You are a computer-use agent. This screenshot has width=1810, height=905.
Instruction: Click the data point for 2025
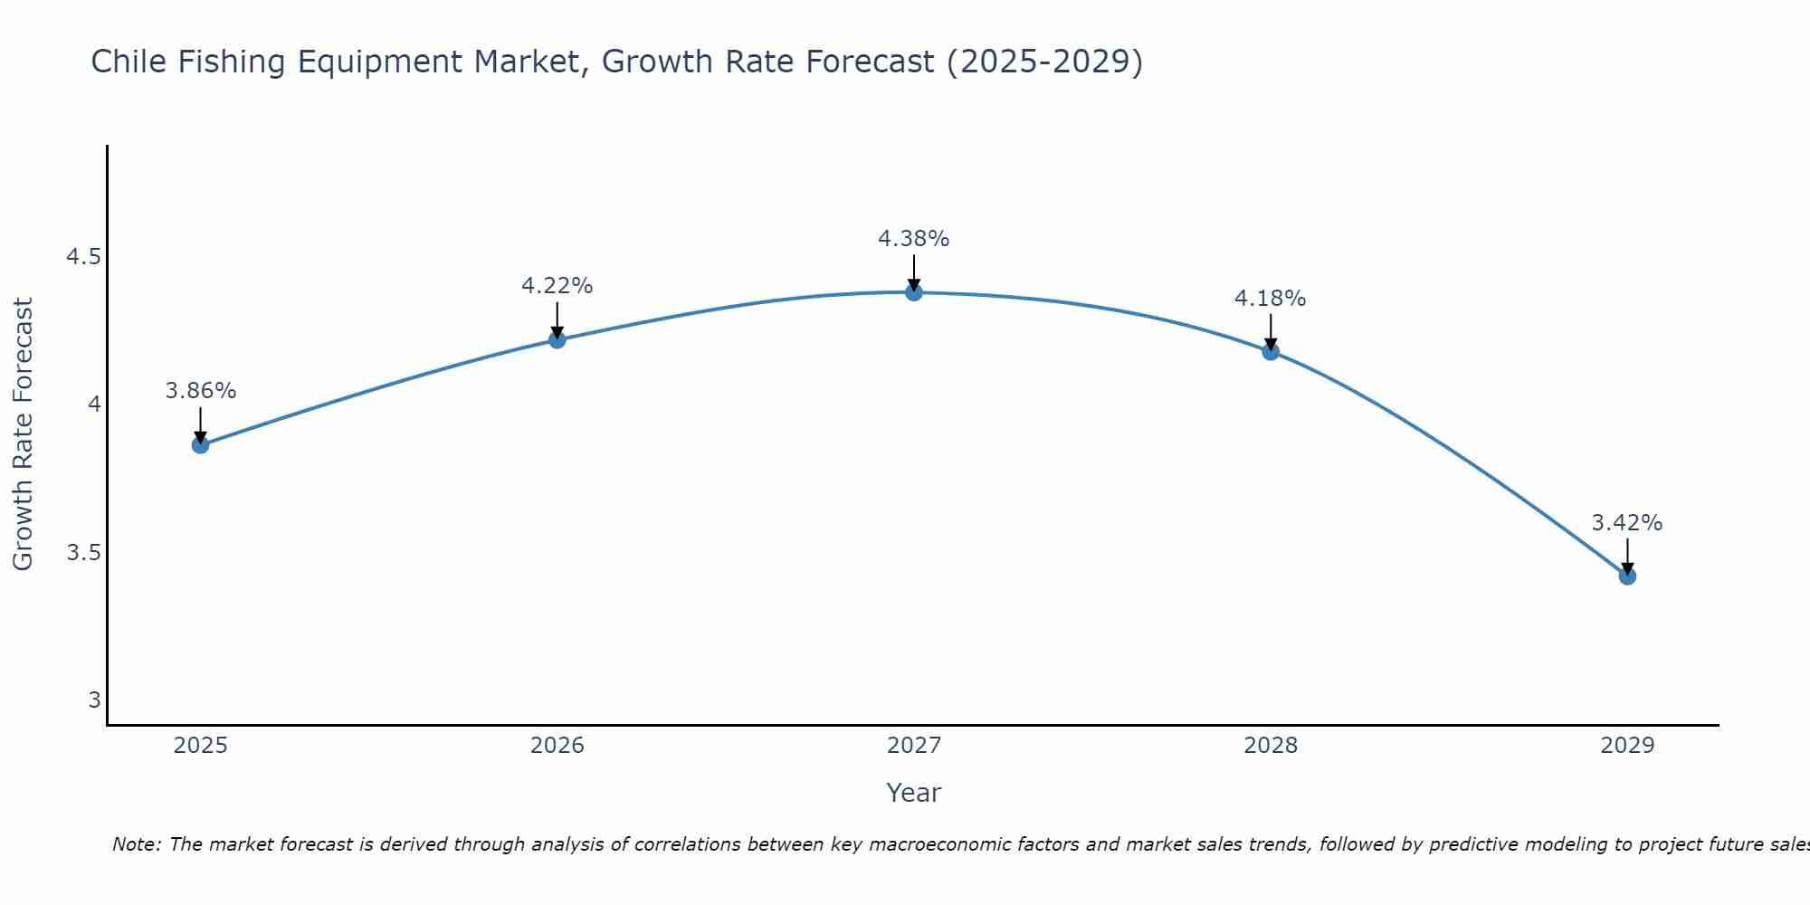point(201,445)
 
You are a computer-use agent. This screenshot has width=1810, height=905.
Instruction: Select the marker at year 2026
point(557,339)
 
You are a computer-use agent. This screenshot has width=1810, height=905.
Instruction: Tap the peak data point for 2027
point(914,292)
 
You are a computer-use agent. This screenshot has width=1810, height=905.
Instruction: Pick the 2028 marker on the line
point(1271,351)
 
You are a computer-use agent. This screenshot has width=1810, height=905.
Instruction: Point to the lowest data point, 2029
point(1627,576)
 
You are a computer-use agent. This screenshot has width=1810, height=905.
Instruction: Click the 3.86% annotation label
point(201,391)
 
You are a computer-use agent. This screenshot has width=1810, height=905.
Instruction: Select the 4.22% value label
point(557,286)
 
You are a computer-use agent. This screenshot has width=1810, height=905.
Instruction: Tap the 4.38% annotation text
point(914,239)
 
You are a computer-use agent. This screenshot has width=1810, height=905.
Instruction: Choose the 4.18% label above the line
point(1271,299)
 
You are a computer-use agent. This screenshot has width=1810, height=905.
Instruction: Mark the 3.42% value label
point(1627,523)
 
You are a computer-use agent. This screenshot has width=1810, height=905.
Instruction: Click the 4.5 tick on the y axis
point(83,257)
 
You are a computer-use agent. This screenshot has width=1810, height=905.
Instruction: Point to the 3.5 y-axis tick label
point(83,552)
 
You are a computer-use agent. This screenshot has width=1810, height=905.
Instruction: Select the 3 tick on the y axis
point(94,700)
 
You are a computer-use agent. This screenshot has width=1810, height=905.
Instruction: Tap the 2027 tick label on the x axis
point(914,746)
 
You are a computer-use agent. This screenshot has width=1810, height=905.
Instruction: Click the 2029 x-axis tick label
point(1627,746)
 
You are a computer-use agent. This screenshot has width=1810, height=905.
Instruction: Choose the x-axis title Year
point(914,793)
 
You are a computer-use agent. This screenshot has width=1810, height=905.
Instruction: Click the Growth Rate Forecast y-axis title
point(24,434)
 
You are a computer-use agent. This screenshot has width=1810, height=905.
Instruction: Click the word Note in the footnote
point(135,844)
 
